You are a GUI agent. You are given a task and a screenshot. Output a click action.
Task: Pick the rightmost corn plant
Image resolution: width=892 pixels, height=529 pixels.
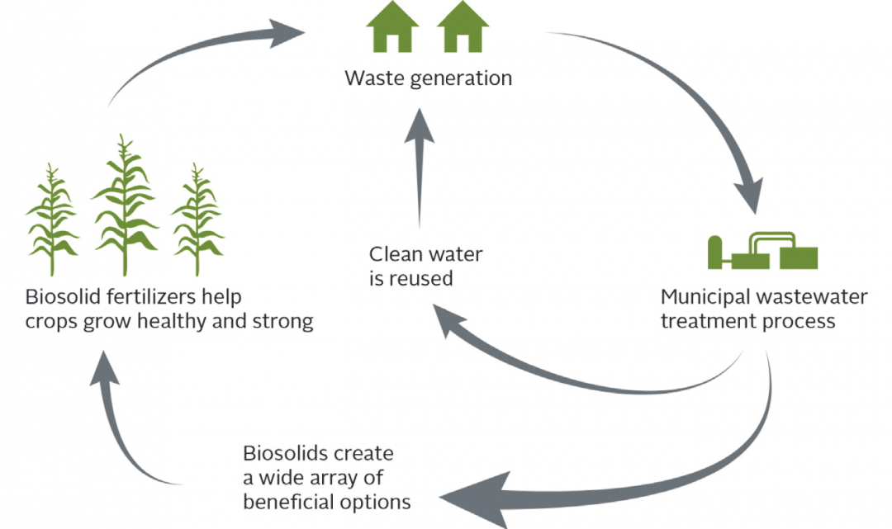197,219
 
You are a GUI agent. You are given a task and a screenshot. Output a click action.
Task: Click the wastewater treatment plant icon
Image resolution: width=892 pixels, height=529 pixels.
762,251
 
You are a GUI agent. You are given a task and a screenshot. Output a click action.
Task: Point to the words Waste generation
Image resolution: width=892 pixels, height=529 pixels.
428,78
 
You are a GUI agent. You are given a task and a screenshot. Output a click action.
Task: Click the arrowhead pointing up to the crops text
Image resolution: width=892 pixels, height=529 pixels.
103,367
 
